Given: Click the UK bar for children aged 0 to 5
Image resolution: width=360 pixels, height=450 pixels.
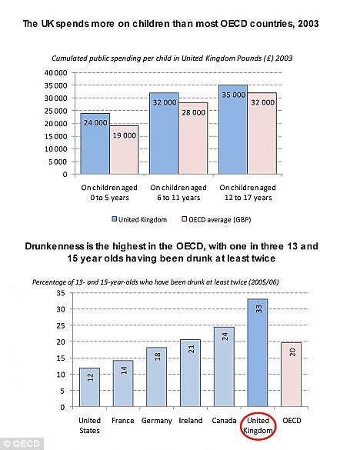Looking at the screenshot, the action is (x=95, y=144).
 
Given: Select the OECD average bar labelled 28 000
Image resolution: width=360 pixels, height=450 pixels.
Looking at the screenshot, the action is (x=193, y=138).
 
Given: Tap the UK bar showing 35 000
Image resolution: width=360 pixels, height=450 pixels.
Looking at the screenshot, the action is (x=233, y=129).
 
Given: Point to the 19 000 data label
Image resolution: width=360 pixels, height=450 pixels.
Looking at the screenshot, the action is (x=125, y=135).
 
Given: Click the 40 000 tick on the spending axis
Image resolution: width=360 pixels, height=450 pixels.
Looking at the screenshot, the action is (x=55, y=73).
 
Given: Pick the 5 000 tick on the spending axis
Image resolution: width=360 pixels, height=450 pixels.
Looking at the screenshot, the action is (x=58, y=162).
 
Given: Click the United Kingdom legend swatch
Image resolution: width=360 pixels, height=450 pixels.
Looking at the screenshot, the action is (x=115, y=219).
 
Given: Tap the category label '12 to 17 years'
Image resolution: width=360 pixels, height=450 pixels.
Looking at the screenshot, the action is (x=248, y=198).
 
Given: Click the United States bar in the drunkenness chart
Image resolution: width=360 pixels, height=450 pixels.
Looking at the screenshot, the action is (x=89, y=388).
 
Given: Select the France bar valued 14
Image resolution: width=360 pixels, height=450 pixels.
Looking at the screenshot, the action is (x=123, y=384).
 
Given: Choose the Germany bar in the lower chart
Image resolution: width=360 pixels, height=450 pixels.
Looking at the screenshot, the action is (x=157, y=377).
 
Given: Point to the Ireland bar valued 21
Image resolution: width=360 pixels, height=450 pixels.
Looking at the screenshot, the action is (x=190, y=373).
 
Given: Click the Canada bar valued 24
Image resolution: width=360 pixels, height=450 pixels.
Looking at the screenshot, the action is (x=224, y=367).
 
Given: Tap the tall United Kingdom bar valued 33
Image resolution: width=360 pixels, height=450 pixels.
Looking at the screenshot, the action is (x=258, y=353).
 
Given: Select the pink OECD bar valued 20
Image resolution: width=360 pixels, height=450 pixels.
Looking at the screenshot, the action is (x=292, y=375).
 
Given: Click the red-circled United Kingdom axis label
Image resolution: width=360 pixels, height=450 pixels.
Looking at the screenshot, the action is (x=258, y=425).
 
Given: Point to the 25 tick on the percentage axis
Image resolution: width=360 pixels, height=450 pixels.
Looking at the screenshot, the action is (x=61, y=325).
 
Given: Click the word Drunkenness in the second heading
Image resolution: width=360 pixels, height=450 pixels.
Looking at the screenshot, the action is (x=55, y=246).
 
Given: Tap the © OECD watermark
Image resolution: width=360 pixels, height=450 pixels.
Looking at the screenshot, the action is (x=22, y=444).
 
